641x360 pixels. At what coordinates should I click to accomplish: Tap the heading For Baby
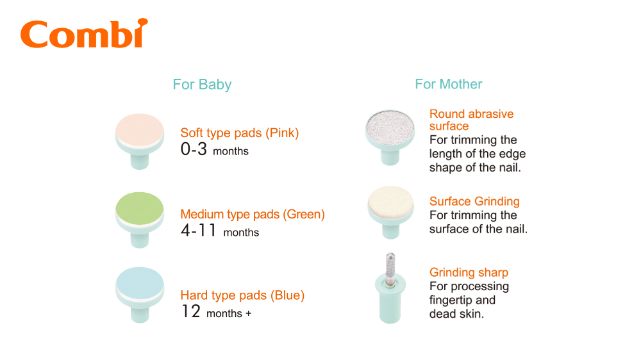pos(202,84)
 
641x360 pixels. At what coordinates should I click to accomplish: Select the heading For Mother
pos(449,84)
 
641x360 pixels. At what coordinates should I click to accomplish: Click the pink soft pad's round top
pos(139,129)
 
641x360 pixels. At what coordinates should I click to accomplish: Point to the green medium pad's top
pos(139,208)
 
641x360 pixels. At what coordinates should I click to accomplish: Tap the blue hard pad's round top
pos(139,282)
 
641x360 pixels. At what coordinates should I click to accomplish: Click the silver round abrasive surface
pos(390,127)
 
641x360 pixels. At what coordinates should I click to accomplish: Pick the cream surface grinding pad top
pos(390,203)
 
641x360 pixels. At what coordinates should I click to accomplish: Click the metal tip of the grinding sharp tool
pos(390,268)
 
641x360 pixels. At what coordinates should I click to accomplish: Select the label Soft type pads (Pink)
pos(240,133)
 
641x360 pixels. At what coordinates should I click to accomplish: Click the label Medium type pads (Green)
pos(253,214)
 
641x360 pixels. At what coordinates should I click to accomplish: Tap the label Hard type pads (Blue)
pos(242,295)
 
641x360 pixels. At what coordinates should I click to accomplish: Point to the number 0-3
pos(194,149)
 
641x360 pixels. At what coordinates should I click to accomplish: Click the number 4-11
pos(198,231)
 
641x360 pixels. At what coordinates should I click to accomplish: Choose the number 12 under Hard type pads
pos(191,311)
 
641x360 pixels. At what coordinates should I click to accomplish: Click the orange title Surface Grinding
pos(474,201)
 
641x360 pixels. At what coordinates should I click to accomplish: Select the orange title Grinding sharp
pos(469,272)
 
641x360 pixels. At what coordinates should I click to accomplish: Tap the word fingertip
pos(451,300)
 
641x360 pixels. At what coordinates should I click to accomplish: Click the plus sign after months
pos(248,313)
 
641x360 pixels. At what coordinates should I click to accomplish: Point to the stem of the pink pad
pos(139,161)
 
